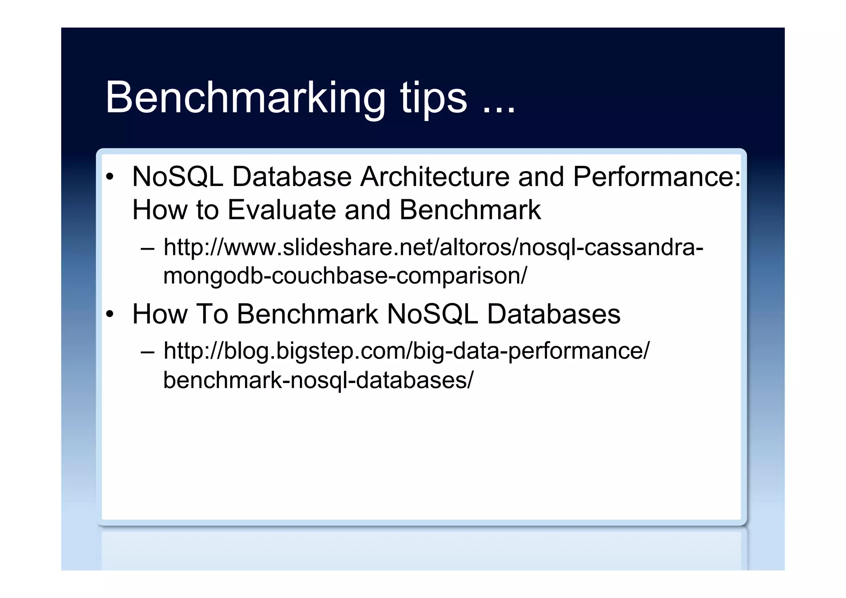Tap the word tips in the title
pyautogui.click(x=433, y=98)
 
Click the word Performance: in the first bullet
pyautogui.click(x=657, y=177)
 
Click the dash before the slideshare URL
pyautogui.click(x=147, y=248)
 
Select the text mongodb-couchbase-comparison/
pyautogui.click(x=345, y=276)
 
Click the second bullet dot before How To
pyautogui.click(x=109, y=314)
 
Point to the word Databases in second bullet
pyautogui.click(x=554, y=314)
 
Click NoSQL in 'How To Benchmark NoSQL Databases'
pyautogui.click(x=432, y=314)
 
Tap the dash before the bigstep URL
pyautogui.click(x=147, y=352)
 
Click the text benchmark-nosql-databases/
pyautogui.click(x=318, y=380)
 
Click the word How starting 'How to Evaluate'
pyautogui.click(x=159, y=210)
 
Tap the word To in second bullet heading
pyautogui.click(x=211, y=314)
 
